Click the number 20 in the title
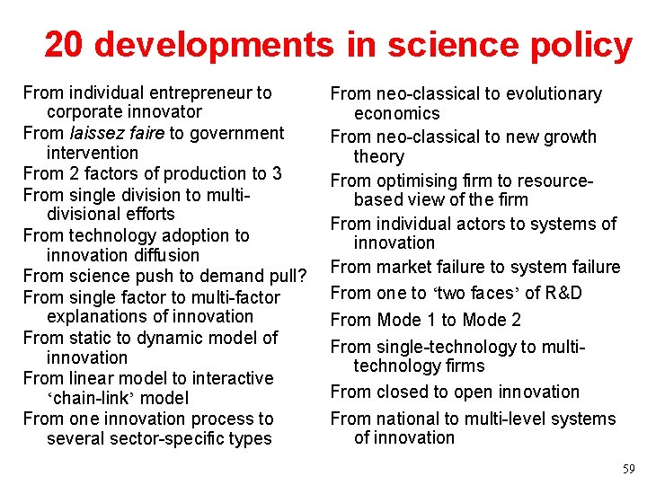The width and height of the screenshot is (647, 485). coord(65,44)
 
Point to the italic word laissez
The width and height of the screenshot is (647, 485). coord(100,133)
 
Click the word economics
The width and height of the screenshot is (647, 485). coord(397,113)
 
